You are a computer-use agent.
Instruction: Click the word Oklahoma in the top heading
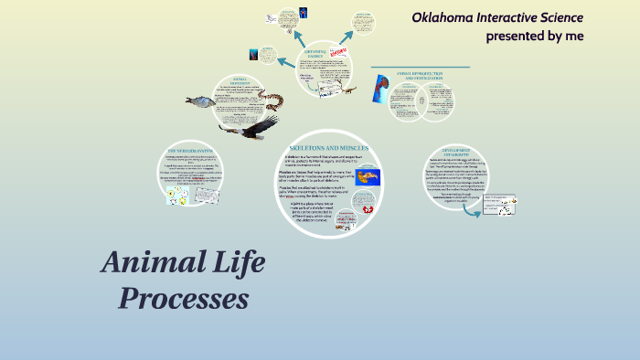(x=444, y=17)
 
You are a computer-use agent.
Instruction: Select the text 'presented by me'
(x=534, y=37)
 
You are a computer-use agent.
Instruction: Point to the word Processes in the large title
(x=184, y=299)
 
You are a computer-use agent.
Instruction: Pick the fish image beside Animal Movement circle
(x=199, y=101)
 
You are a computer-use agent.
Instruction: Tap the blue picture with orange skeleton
(x=369, y=176)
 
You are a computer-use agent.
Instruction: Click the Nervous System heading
(x=189, y=150)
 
